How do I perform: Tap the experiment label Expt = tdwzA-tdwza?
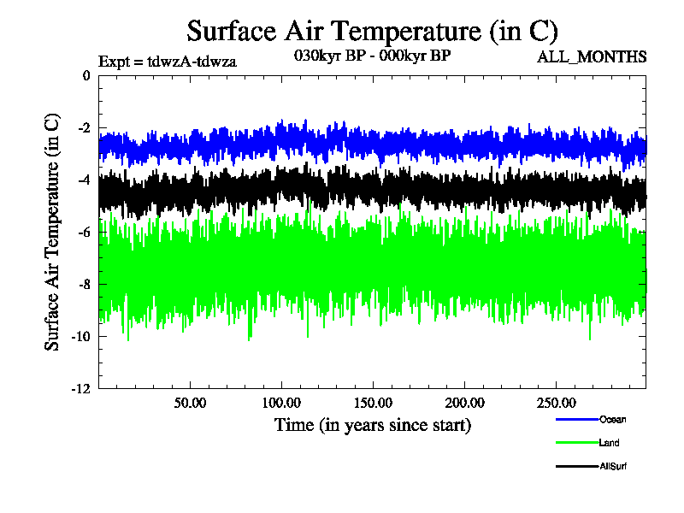click(x=167, y=61)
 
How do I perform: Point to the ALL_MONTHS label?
click(x=591, y=57)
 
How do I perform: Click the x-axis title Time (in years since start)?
click(x=372, y=424)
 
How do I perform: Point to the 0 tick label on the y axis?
click(x=85, y=76)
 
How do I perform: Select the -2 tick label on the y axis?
click(x=83, y=128)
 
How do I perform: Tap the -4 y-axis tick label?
click(x=83, y=180)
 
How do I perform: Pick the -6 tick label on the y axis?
click(x=83, y=233)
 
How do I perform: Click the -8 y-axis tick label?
click(x=83, y=285)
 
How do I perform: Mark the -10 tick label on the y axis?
click(x=80, y=337)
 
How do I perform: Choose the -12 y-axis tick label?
click(x=80, y=389)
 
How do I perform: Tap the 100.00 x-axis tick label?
click(x=281, y=403)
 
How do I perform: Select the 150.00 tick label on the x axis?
click(x=372, y=403)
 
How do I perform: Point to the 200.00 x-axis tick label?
click(x=463, y=403)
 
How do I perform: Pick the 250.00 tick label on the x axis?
click(x=555, y=403)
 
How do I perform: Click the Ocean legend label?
click(x=612, y=419)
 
